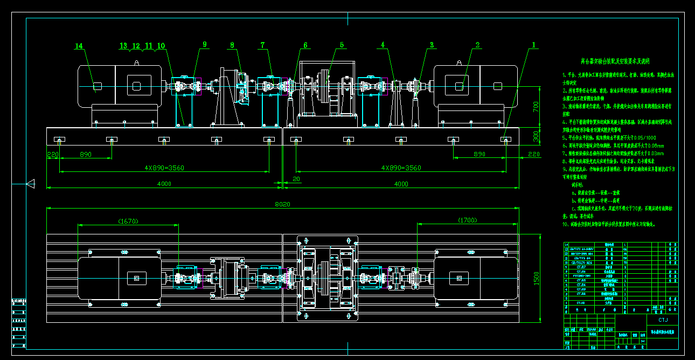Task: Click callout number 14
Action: point(79,46)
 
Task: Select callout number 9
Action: point(205,45)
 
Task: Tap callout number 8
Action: point(232,45)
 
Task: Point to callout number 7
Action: point(263,45)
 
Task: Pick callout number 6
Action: point(305,45)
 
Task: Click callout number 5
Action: point(342,45)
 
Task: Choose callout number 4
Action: point(383,45)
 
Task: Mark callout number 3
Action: point(432,45)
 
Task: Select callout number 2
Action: point(477,45)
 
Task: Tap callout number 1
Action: point(533,45)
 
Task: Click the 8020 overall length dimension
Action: point(283,204)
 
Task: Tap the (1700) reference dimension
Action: point(467,220)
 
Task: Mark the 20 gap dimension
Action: point(296,179)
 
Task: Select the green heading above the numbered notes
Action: point(615,61)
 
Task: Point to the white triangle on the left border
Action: point(30,184)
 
